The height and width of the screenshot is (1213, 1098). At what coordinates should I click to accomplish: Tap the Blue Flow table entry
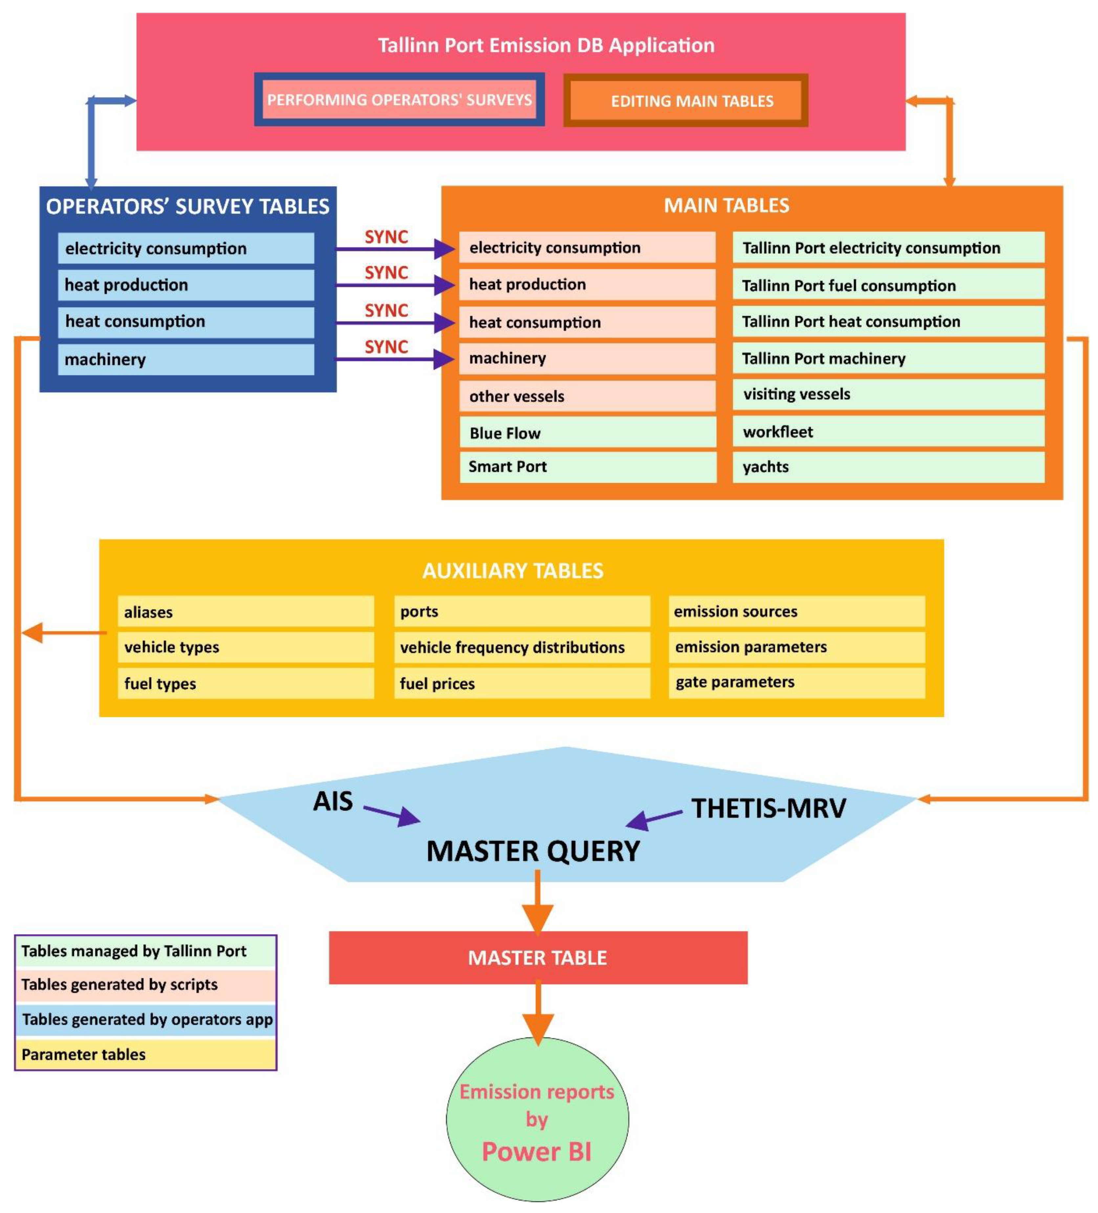pos(587,433)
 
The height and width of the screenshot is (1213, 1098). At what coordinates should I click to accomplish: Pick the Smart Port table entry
pos(587,466)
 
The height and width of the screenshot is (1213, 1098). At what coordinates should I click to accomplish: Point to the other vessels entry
pos(587,396)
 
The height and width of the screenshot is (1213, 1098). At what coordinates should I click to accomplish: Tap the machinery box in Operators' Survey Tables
pos(185,359)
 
